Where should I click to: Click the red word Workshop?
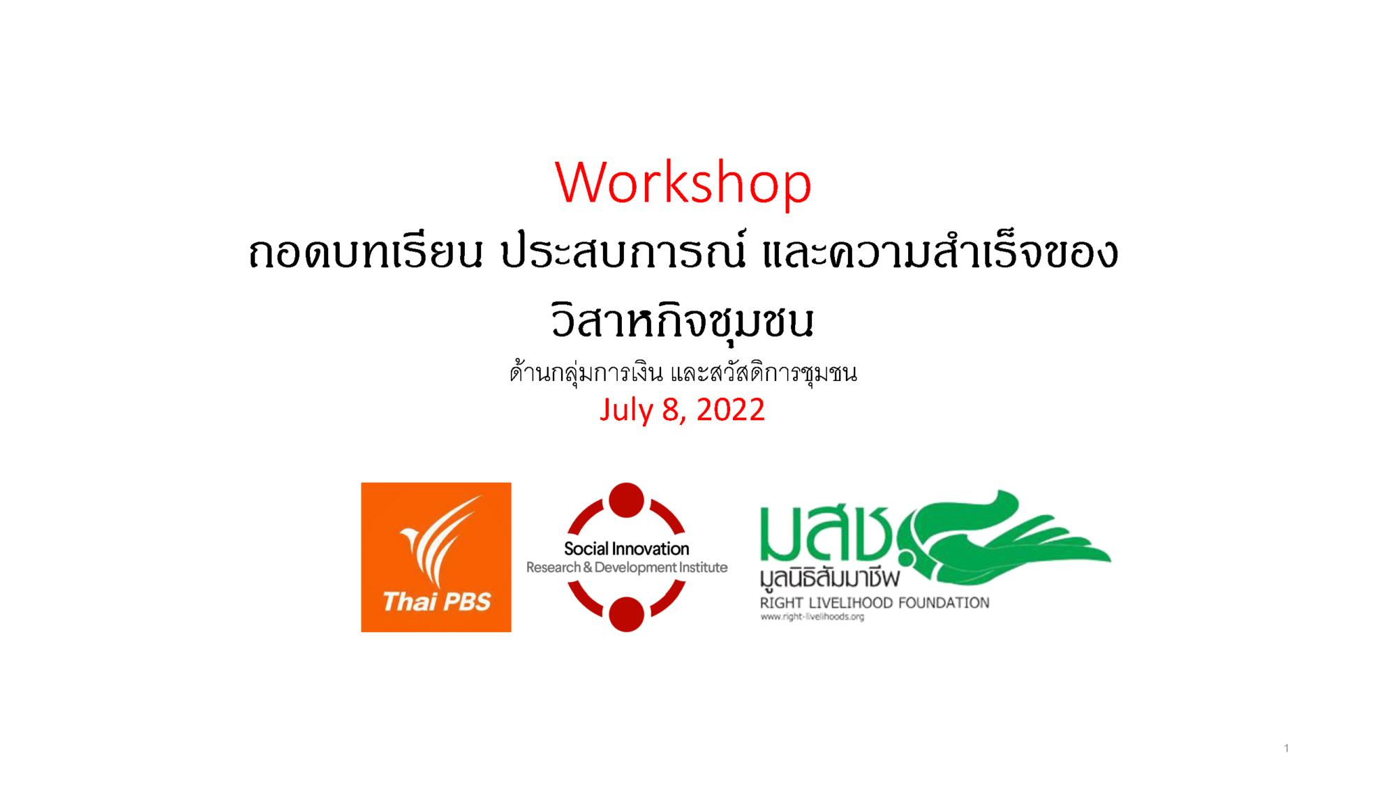click(x=683, y=182)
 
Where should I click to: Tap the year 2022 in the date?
click(x=731, y=410)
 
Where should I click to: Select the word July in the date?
click(x=627, y=410)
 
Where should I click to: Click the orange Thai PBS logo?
click(x=436, y=557)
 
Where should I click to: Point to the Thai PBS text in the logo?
click(x=437, y=601)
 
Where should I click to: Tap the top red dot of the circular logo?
click(x=626, y=500)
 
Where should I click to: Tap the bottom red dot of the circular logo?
click(x=626, y=614)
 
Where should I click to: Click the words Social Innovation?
click(x=626, y=549)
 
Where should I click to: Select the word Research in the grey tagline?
click(x=554, y=567)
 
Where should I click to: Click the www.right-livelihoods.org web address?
click(x=812, y=617)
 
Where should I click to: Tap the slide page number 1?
click(x=1286, y=748)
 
